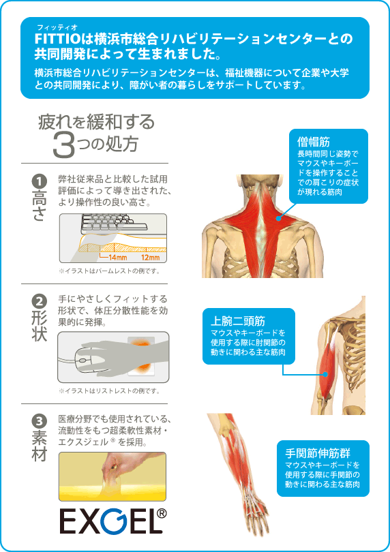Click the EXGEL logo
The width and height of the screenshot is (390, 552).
[112, 521]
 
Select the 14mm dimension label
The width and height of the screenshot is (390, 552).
[117, 258]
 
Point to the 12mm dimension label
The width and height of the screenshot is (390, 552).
[151, 258]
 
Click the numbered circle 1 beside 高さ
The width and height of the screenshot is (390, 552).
[39, 182]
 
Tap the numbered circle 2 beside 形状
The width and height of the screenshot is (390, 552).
[39, 301]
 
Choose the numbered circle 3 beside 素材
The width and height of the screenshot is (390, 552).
[39, 421]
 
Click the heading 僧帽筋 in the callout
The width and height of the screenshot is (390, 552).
[313, 142]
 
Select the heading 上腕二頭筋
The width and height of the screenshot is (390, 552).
[238, 321]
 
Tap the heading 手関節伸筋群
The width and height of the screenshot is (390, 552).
[318, 453]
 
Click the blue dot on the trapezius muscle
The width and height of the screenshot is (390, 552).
[279, 218]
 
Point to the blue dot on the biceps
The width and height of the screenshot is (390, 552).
[326, 375]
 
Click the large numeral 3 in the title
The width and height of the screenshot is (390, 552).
[64, 145]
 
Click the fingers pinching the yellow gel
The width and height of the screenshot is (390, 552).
[112, 465]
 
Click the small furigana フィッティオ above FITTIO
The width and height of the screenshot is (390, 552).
[57, 27]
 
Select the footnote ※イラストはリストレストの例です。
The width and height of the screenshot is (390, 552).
[109, 390]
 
